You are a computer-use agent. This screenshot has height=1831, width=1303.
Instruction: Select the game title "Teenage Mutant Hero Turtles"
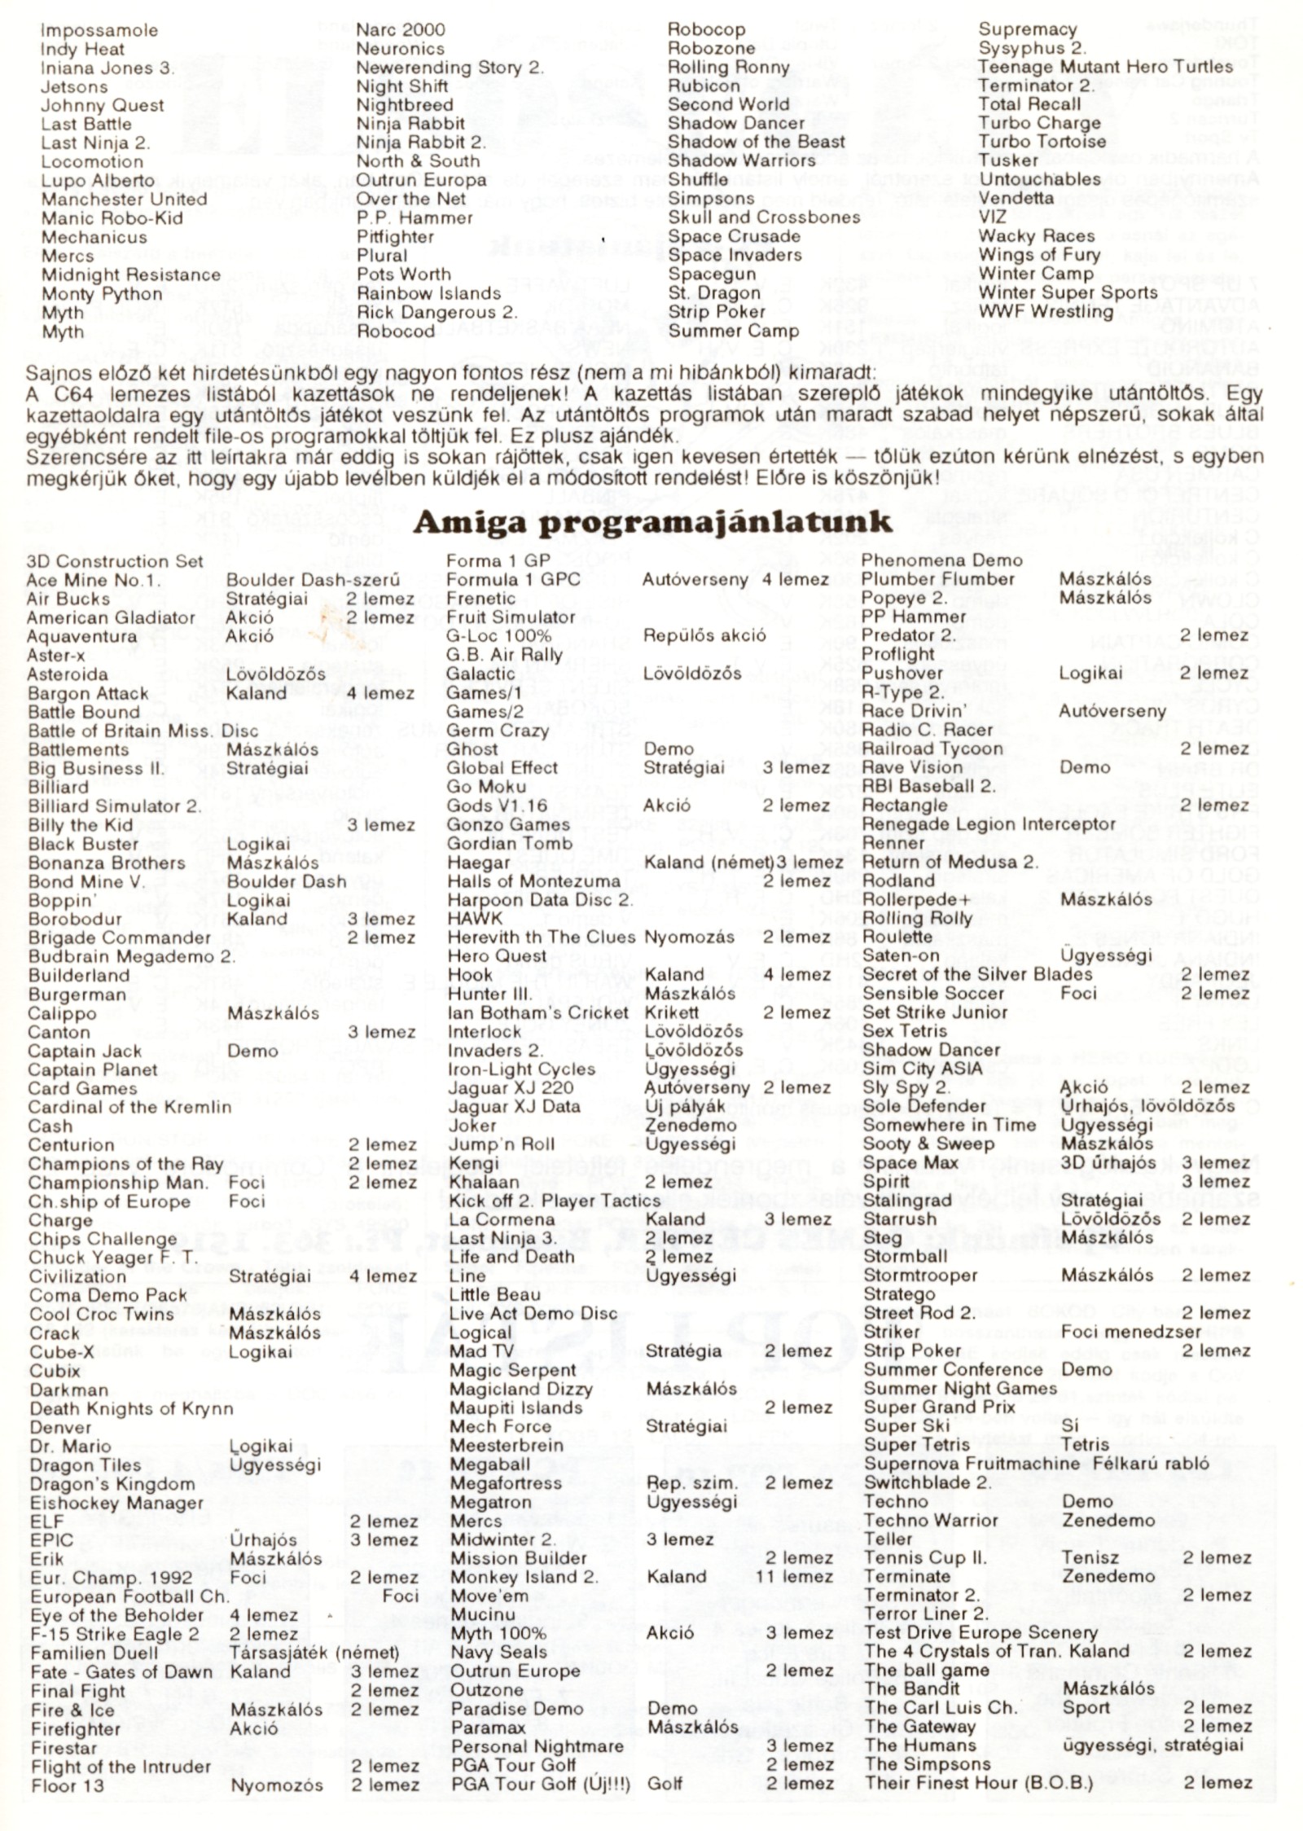point(1105,67)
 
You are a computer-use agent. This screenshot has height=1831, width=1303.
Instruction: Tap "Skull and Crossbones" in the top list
point(763,217)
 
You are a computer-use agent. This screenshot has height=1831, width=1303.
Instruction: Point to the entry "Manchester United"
point(124,200)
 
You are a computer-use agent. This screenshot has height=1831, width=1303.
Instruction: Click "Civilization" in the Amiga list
point(77,1276)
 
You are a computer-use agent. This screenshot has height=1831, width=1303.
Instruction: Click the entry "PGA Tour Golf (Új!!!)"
point(540,1784)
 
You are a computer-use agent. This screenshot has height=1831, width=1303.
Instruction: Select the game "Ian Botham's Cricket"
point(537,1012)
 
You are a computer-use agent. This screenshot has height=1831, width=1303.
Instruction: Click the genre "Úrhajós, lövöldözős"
point(1147,1106)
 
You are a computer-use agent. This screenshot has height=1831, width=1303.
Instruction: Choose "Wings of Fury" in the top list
point(1038,255)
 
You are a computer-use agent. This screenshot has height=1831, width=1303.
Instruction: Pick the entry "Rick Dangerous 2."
point(437,313)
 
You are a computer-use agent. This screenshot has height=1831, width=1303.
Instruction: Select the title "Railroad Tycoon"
point(932,749)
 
